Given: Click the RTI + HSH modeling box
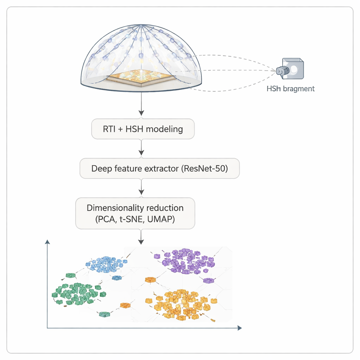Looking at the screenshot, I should (x=142, y=129).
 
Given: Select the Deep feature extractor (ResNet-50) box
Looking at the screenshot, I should (x=159, y=168).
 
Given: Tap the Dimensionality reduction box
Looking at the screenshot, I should (x=135, y=213).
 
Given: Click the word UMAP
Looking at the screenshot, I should (x=161, y=219).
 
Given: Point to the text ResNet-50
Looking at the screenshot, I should (x=204, y=168).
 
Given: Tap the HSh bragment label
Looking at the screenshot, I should (x=290, y=89).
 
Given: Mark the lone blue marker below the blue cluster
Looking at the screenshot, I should (x=116, y=278).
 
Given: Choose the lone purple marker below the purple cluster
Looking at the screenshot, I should (x=209, y=280).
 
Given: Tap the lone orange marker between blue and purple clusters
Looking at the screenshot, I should (x=150, y=279).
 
